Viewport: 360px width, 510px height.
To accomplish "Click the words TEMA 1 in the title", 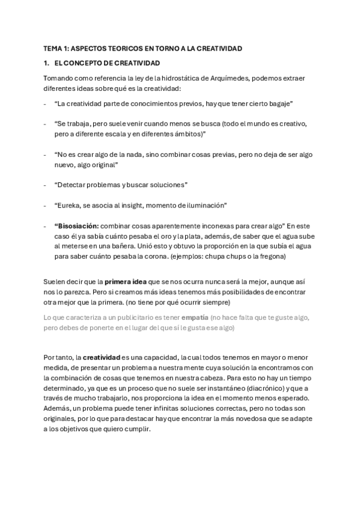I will tap(56, 48).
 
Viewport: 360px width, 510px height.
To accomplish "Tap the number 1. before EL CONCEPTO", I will tap(46, 63).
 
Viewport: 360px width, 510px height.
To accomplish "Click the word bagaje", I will tap(280, 104).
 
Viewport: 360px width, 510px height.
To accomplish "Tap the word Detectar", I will tap(70, 184).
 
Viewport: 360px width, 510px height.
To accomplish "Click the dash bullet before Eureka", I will tap(46, 204).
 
